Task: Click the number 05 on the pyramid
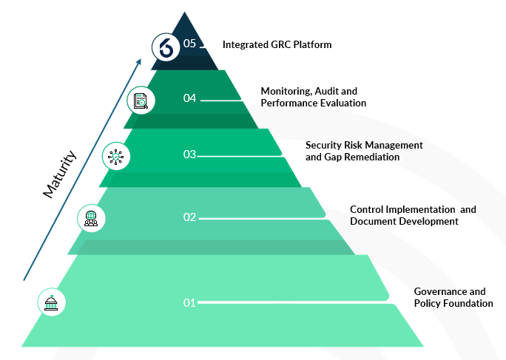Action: [x=190, y=44]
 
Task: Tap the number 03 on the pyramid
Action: [x=189, y=154]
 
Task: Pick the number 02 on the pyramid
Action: [x=189, y=217]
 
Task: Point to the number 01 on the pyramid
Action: [x=189, y=302]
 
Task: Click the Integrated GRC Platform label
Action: [x=277, y=44]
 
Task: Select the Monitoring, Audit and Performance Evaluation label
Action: [x=313, y=97]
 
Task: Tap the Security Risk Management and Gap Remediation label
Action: [x=364, y=151]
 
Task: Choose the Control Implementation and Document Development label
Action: [x=413, y=215]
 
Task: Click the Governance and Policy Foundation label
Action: [x=453, y=297]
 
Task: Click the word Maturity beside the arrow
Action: [x=59, y=174]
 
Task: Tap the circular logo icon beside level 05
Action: [x=166, y=47]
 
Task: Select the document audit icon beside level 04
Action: [x=141, y=99]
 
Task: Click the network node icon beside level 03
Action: [x=116, y=156]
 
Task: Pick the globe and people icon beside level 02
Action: [x=91, y=217]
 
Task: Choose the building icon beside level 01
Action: [x=52, y=302]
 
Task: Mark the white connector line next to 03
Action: [x=239, y=156]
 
